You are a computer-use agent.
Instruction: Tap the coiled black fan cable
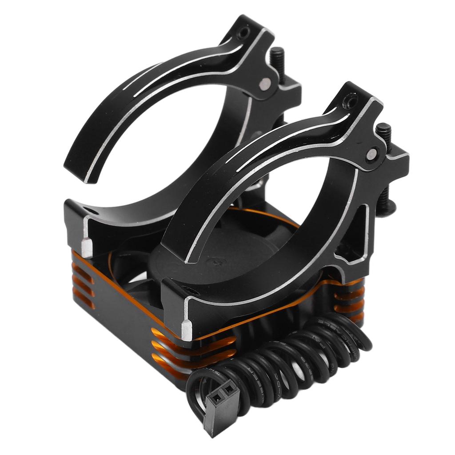tap(284, 360)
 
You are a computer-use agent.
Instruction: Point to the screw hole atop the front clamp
tap(351, 101)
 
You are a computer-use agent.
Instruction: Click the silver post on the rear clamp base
tap(88, 247)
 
